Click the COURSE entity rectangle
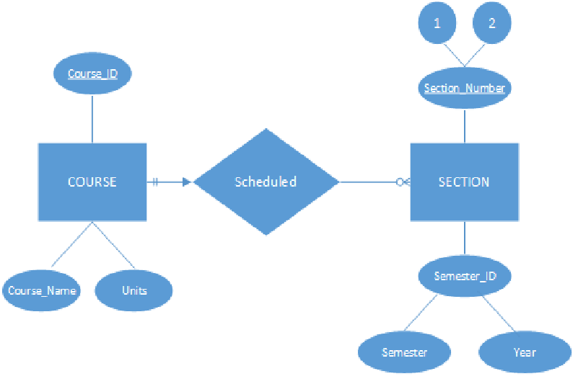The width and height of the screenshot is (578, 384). coord(92,182)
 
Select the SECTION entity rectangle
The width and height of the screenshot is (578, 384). coord(464,182)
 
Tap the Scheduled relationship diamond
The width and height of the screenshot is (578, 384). coord(266,182)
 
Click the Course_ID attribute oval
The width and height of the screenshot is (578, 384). coord(92,74)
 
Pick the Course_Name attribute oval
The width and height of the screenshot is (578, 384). coord(41,290)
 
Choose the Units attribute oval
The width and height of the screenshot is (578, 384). coord(134,290)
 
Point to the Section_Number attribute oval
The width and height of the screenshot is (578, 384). coord(465,88)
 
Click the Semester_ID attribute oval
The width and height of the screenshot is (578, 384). coord(465,276)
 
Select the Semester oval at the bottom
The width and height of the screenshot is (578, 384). coord(404,352)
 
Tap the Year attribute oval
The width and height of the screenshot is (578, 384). coord(525,352)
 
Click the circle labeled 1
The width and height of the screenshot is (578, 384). coord(437,23)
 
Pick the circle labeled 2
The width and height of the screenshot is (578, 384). coord(491,23)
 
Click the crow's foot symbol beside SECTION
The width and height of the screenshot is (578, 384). coord(403,182)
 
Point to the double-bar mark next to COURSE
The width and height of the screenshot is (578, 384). coord(155,182)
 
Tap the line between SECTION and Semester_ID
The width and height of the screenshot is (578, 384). coord(465,239)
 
